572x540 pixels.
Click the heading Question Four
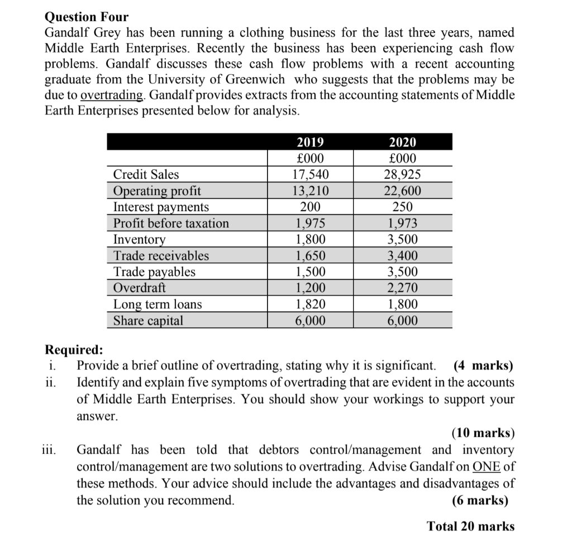coord(87,17)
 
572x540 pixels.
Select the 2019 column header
coord(309,142)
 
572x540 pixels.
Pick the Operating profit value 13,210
coord(309,191)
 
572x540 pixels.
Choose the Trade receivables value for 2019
coord(309,256)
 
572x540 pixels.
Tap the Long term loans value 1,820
coord(309,304)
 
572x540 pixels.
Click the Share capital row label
coord(148,321)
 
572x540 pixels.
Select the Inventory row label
coord(140,240)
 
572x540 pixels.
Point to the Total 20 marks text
coord(470,526)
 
